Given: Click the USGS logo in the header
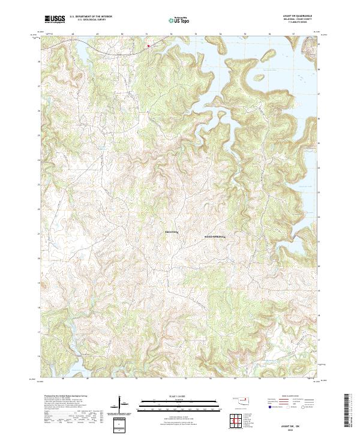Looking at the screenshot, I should point(55,19).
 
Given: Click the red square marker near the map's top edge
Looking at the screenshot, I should point(148,46).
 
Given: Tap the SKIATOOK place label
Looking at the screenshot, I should point(172,231).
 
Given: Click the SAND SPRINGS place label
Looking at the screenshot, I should point(214,237).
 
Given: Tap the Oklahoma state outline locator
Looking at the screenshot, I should point(242,400).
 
